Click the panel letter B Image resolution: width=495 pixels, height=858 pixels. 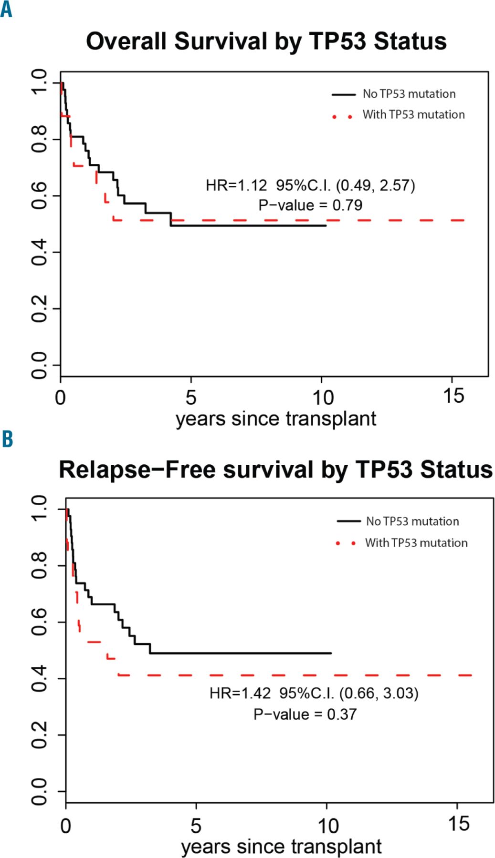tap(7, 439)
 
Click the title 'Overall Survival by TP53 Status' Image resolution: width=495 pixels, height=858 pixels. tap(266, 41)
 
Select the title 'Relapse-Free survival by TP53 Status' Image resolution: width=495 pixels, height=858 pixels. tap(275, 470)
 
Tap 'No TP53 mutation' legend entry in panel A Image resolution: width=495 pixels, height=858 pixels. tap(409, 94)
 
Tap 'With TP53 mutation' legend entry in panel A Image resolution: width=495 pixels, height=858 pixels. tap(413, 115)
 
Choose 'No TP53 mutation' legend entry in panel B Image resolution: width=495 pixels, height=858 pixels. tap(412, 521)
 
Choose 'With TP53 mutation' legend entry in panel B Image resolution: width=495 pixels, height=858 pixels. tap(416, 543)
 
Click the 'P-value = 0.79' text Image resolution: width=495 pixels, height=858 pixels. tap(310, 205)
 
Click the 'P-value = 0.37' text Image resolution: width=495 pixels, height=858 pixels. tap(305, 714)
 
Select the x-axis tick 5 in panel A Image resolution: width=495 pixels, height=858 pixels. tap(191, 397)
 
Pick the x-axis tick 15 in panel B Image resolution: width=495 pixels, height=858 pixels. tap(458, 824)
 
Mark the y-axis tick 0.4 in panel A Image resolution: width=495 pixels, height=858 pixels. tap(39, 252)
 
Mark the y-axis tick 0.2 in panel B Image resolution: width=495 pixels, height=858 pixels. tap(39, 735)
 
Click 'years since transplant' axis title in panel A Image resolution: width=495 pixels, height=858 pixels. tap(276, 419)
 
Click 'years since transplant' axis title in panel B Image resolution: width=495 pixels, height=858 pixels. tap(281, 847)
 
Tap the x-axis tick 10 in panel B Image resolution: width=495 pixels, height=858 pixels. tap(327, 825)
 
